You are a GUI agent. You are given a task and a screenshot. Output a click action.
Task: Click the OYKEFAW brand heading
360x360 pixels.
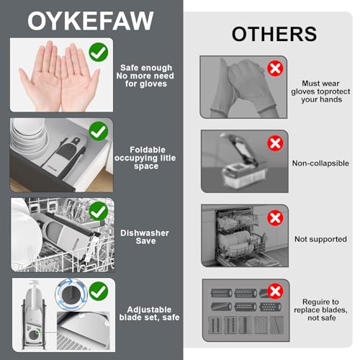click(x=91, y=21)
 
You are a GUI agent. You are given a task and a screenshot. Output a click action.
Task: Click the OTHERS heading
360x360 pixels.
click(x=274, y=34)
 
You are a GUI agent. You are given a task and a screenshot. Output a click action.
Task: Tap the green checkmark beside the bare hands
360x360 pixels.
click(x=99, y=52)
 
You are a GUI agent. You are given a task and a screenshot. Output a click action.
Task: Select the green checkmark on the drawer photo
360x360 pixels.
click(x=99, y=131)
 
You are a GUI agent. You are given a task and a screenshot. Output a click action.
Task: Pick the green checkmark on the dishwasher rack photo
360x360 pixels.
click(x=99, y=211)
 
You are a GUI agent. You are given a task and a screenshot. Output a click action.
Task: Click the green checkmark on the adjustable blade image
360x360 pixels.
click(x=99, y=292)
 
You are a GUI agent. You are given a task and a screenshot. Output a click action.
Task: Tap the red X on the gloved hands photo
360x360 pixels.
click(x=275, y=68)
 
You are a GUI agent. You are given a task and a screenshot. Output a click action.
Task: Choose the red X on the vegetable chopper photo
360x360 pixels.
click(x=275, y=143)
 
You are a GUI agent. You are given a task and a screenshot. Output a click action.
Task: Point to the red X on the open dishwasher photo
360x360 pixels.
click(x=275, y=218)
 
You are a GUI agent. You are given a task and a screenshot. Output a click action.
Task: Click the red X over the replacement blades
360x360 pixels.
click(x=275, y=291)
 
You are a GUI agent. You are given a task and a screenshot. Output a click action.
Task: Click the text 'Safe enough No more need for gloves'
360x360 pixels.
click(x=145, y=76)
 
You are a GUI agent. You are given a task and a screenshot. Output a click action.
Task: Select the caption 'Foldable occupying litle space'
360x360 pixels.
click(x=145, y=158)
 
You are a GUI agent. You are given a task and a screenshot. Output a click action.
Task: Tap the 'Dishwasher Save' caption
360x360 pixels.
click(x=145, y=237)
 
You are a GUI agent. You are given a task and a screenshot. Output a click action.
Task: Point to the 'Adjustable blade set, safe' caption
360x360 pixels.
click(x=149, y=313)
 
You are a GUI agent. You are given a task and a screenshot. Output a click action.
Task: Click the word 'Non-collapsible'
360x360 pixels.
click(x=320, y=163)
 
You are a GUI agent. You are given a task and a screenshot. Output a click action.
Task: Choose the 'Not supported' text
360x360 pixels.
click(x=320, y=239)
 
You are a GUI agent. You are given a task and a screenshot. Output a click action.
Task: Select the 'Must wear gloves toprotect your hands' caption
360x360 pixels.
click(x=320, y=91)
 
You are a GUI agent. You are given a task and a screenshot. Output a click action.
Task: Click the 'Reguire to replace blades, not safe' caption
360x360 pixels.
click(x=320, y=310)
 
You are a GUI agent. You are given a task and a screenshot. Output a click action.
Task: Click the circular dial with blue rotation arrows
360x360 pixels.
click(x=71, y=294)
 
